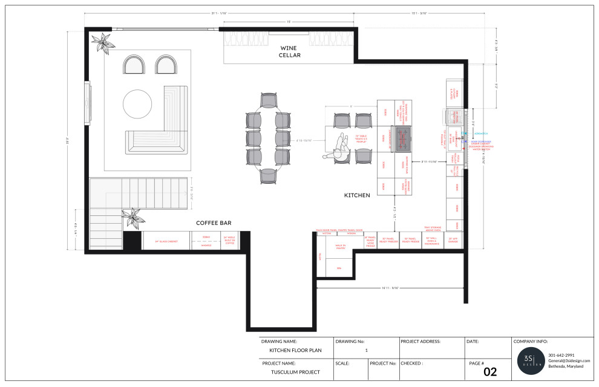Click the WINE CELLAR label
pos(289,51)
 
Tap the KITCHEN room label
pos(357,195)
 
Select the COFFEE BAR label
pos(214,223)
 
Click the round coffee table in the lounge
pos(139,104)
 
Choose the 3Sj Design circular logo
pos(532,361)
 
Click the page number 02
pos(490,372)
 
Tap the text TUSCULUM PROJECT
pos(295,372)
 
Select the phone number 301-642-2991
pos(561,355)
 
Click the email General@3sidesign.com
pos(569,360)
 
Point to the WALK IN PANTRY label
pos(340,246)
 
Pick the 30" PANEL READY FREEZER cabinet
pos(388,240)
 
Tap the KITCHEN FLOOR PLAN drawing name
pos(295,350)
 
